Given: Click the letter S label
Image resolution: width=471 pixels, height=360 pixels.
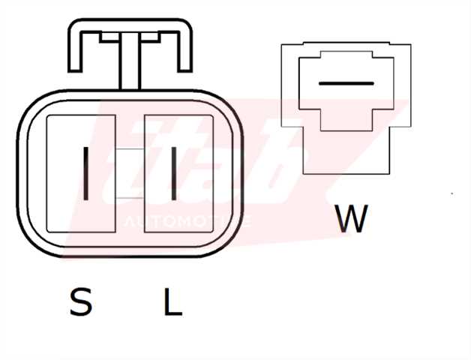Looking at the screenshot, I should tap(80, 303).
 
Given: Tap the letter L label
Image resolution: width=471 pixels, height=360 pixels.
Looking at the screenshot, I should tap(172, 303).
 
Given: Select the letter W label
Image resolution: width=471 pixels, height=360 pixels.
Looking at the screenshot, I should tap(352, 218).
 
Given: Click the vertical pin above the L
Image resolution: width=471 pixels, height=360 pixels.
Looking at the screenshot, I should tap(174, 173).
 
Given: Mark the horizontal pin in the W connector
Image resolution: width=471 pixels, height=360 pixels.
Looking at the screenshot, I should tap(346, 82).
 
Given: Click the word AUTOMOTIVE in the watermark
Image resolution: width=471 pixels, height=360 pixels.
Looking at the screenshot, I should tap(187, 223).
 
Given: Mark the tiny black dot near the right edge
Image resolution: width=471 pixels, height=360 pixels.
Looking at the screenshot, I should tap(452, 193).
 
